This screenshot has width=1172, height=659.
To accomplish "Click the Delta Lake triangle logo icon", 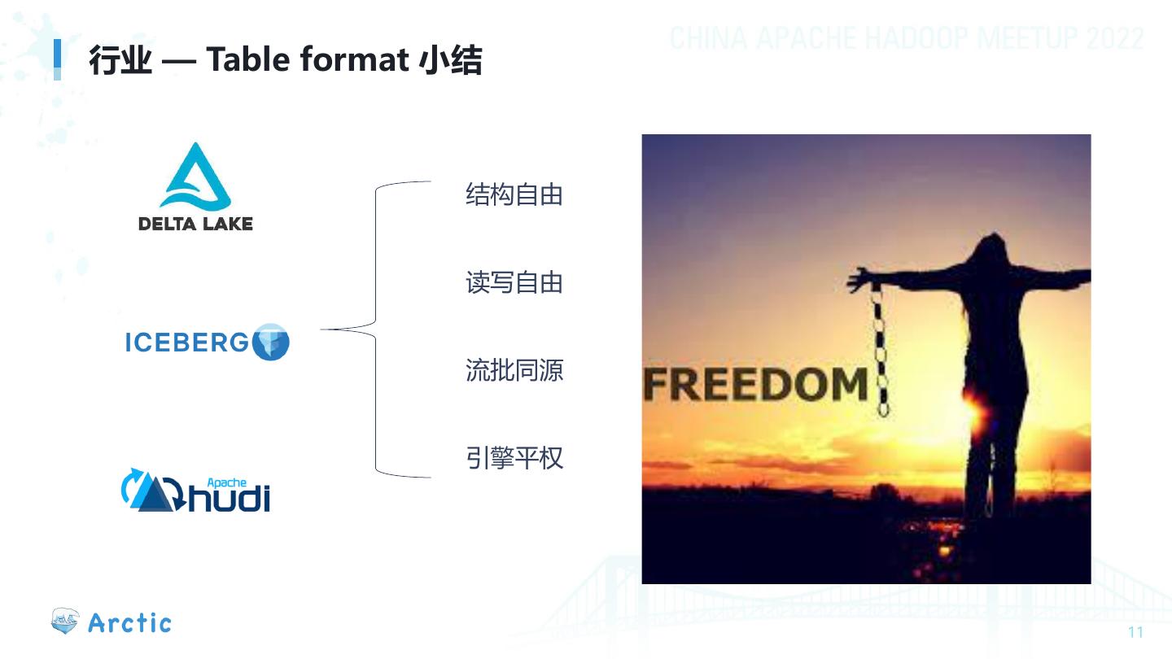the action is click(x=195, y=178).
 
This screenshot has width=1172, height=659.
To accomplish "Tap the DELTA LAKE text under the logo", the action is click(x=195, y=223).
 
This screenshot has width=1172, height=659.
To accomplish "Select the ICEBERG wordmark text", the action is click(x=186, y=343).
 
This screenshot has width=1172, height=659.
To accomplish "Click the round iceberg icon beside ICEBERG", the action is click(x=272, y=342).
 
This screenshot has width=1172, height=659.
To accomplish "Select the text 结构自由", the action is click(x=514, y=195).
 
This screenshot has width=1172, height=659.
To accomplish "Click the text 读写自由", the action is click(x=514, y=283).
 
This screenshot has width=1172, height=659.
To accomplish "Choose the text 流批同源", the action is click(x=514, y=371).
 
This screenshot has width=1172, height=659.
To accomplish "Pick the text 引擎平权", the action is click(x=514, y=458).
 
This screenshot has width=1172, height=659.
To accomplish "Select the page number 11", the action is click(x=1136, y=633).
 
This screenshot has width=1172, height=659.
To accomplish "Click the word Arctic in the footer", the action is click(x=130, y=623).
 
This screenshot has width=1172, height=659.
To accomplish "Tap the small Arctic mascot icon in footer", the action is click(x=65, y=622).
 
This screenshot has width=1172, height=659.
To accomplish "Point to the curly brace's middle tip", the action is click(x=324, y=329).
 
